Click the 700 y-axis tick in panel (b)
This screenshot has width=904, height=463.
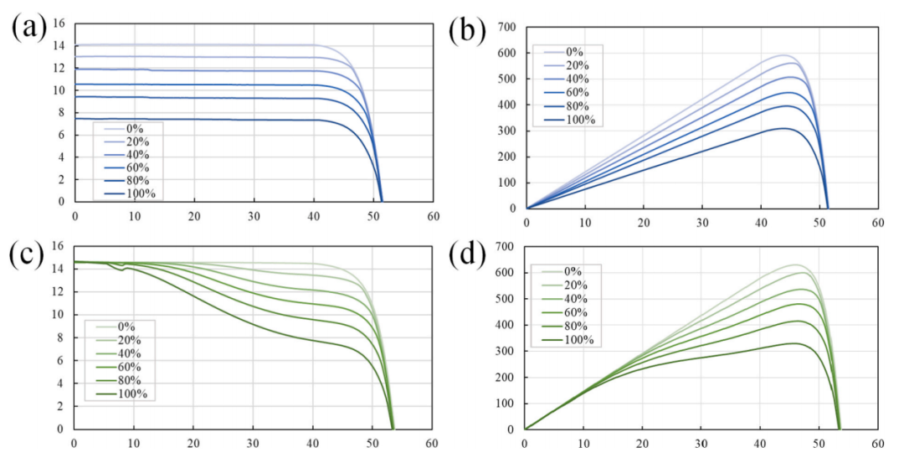pos(505,27)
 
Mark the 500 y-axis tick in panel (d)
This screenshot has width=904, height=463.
pos(505,299)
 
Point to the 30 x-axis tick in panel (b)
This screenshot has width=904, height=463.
pos(702,224)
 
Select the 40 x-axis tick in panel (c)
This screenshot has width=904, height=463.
pos(313,444)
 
